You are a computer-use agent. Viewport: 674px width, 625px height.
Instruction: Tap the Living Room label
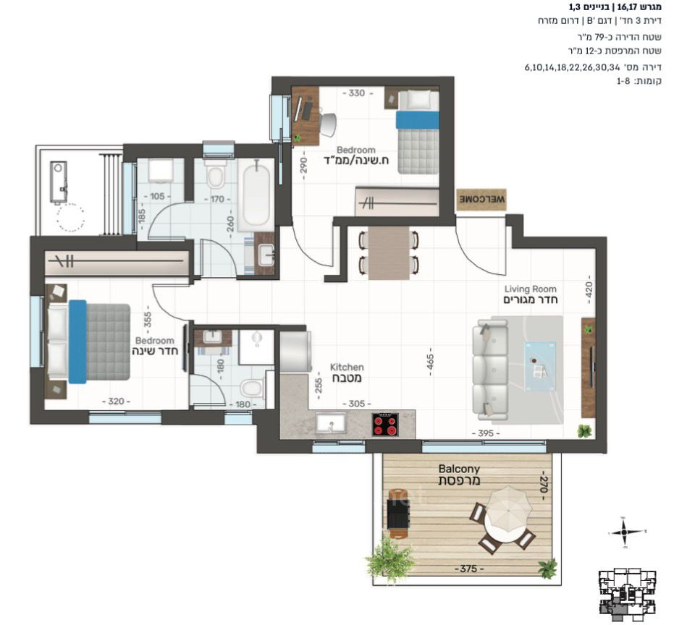530,294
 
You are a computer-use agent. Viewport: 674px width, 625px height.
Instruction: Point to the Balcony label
459,475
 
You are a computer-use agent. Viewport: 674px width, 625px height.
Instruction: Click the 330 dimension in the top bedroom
355,93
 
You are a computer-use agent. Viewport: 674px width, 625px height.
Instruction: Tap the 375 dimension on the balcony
465,569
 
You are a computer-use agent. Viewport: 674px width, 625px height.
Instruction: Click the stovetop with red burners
387,424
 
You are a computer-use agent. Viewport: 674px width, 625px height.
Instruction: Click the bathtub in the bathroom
256,195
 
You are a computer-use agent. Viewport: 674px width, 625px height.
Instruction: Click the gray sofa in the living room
489,370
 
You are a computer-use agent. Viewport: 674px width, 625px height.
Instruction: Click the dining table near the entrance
388,253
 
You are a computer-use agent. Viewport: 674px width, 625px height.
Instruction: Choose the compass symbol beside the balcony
623,532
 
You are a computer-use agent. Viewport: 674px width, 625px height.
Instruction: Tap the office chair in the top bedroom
327,124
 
